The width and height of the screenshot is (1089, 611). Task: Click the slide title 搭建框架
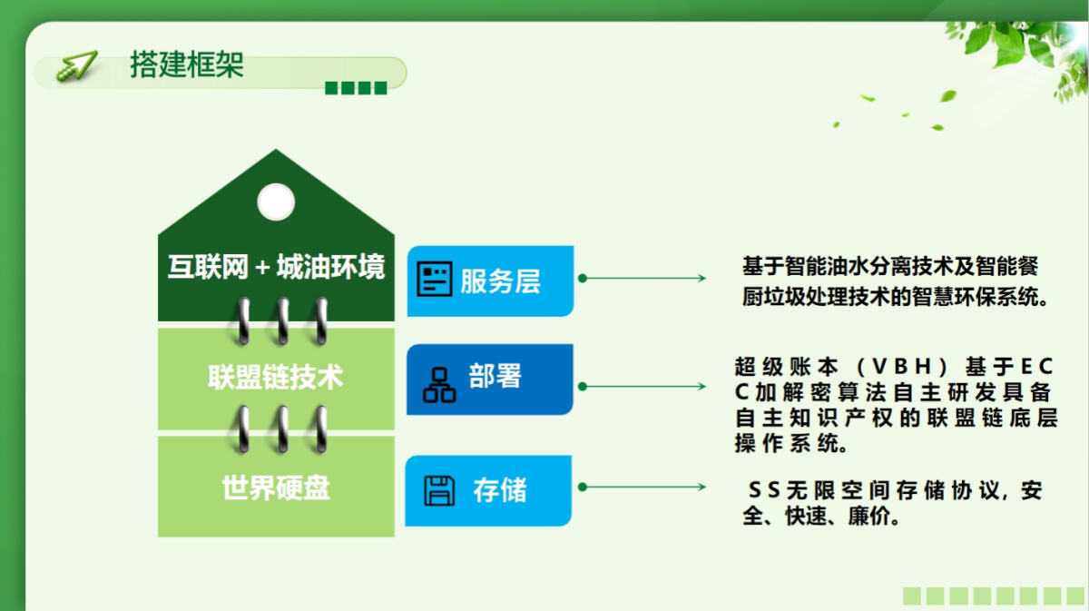pos(187,64)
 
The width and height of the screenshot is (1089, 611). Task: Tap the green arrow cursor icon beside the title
pos(77,65)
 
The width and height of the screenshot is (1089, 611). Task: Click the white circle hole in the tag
pos(276,202)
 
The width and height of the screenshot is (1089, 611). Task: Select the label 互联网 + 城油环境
pos(276,267)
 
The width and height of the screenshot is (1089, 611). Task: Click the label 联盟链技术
pos(276,377)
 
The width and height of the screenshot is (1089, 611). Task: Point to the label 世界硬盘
pos(276,488)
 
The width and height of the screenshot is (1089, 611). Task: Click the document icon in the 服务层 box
pos(435,280)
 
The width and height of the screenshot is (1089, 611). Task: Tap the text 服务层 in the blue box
pos(500,281)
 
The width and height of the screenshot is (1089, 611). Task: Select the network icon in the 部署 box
pos(439,385)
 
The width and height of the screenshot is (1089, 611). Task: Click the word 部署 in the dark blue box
pos(495,376)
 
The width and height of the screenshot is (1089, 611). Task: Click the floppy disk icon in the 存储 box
pos(439,491)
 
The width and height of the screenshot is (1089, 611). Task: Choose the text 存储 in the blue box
pos(500,490)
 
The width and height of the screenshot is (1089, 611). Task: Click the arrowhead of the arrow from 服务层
pos(701,278)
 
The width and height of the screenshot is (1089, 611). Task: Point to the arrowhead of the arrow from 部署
pos(701,387)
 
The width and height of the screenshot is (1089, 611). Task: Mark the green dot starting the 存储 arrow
pos(583,487)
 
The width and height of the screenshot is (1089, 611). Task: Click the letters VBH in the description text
pos(902,367)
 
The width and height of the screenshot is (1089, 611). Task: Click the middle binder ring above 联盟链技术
pos(282,321)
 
